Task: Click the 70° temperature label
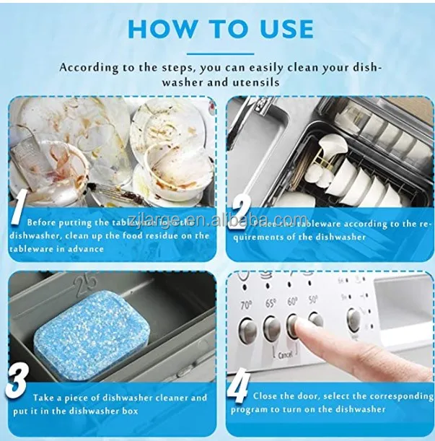point(246,304)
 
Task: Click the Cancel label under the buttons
point(284,356)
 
